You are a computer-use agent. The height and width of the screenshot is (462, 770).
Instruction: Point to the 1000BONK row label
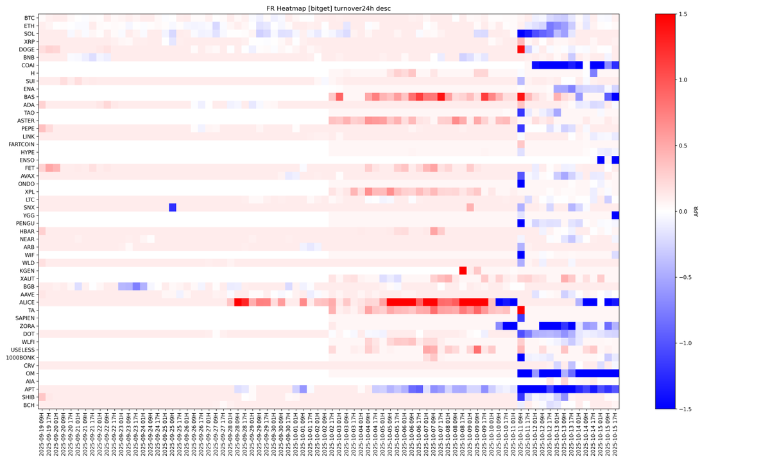tap(21, 357)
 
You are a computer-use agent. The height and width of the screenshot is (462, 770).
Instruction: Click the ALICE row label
tap(26, 302)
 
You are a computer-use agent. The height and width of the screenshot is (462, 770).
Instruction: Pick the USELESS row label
tap(22, 350)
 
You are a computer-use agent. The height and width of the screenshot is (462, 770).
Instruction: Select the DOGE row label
tap(26, 49)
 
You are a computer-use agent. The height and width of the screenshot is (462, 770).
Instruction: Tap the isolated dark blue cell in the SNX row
tap(173, 207)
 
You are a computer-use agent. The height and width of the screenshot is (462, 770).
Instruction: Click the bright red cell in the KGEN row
tap(463, 271)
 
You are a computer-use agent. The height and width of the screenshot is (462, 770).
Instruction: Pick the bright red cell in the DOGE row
tap(521, 49)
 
